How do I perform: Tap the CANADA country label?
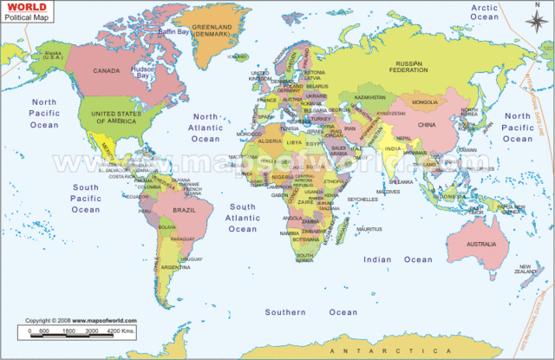pyautogui.click(x=107, y=70)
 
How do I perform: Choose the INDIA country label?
pyautogui.click(x=392, y=148)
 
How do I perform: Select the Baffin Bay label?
pyautogui.click(x=173, y=32)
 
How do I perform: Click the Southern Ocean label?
pyautogui.click(x=310, y=311)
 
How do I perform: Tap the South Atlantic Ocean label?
pyautogui.click(x=243, y=219)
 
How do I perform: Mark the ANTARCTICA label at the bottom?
pyautogui.click(x=369, y=349)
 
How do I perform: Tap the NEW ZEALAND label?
pyautogui.click(x=526, y=269)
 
